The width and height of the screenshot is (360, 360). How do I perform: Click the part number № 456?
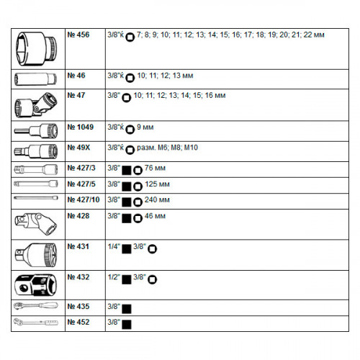(x=78, y=35)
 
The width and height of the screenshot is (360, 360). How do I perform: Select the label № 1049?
(x=80, y=127)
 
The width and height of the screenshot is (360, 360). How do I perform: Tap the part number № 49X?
(x=78, y=148)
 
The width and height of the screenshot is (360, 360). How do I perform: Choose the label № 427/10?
(x=84, y=199)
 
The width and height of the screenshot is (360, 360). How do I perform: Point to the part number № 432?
(x=78, y=277)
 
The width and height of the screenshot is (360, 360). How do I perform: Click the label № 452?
(x=78, y=322)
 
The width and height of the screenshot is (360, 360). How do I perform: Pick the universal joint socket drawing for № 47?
(x=36, y=105)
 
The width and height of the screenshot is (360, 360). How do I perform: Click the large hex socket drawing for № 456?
(x=37, y=49)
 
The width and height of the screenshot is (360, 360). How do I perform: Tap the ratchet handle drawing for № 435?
(x=36, y=306)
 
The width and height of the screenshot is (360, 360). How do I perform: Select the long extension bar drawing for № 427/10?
(x=36, y=198)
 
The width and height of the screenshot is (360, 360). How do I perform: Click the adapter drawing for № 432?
(x=36, y=285)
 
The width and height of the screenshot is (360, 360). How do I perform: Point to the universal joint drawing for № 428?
(x=36, y=224)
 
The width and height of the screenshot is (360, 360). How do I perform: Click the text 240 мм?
(x=157, y=199)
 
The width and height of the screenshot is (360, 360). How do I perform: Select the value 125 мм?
(x=157, y=184)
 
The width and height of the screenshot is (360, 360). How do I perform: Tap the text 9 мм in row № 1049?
(x=145, y=127)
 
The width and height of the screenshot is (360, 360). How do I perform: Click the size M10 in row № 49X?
(x=191, y=148)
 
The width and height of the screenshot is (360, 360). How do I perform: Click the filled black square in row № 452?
(x=127, y=325)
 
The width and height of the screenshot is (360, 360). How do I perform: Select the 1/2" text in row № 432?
(x=114, y=277)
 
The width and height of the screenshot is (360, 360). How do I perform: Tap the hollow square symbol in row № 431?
(x=152, y=249)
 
